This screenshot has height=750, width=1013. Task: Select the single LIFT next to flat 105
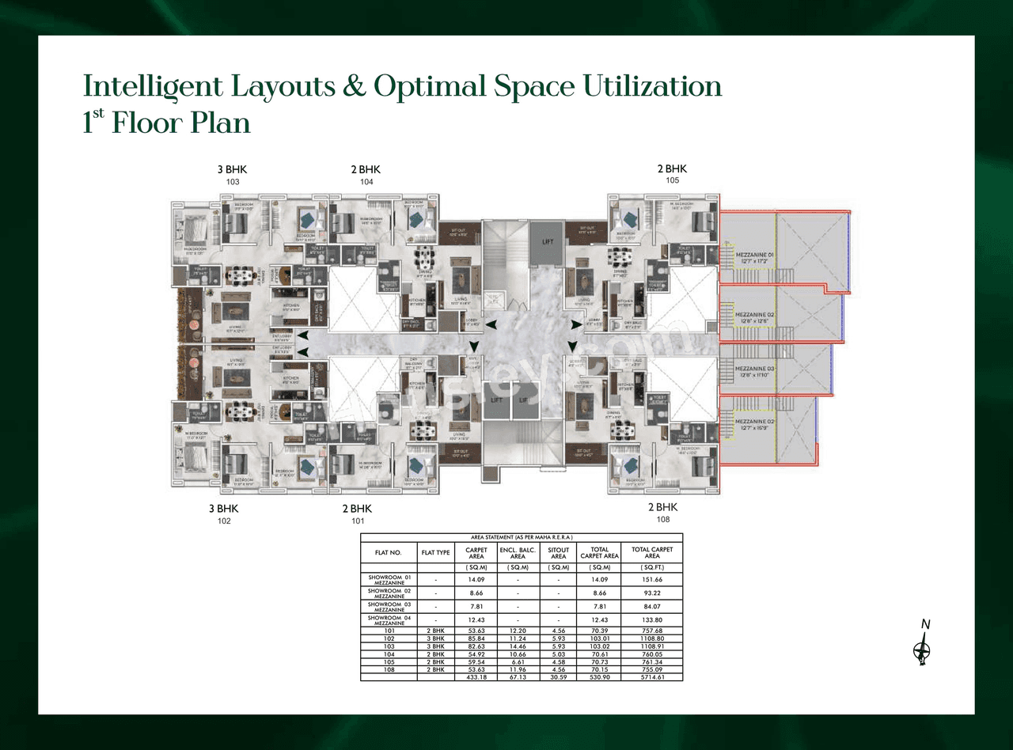click(548, 242)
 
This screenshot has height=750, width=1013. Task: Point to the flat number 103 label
click(233, 182)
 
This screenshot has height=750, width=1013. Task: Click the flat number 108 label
click(662, 520)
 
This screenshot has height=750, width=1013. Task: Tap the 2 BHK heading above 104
click(366, 169)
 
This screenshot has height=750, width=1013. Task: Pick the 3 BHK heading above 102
click(223, 509)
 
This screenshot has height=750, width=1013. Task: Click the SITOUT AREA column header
click(558, 552)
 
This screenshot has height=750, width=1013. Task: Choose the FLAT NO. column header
click(389, 552)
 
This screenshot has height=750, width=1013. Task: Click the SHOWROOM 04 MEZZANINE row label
click(389, 619)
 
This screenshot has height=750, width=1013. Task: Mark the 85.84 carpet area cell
click(476, 638)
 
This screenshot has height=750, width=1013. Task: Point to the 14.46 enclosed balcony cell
click(518, 646)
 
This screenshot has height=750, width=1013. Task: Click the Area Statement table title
click(521, 537)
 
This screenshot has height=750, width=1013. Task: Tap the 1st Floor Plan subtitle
click(167, 123)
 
